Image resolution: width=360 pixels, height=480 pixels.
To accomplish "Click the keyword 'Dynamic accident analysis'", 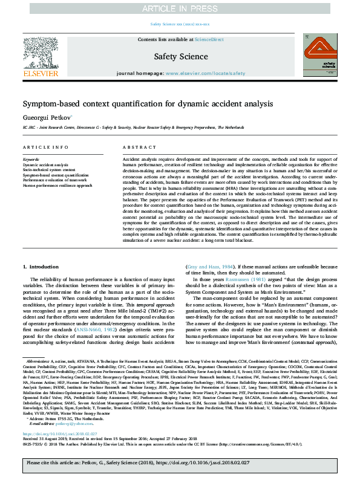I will tap(45, 164).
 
